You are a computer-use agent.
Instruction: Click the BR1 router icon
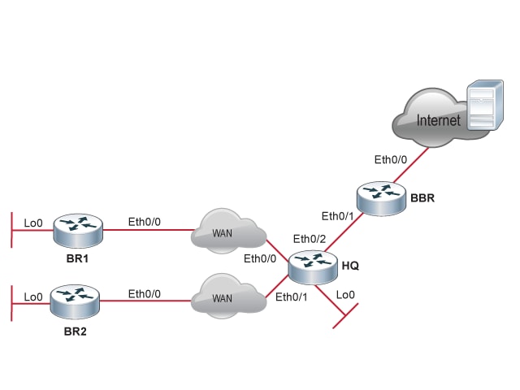pyautogui.click(x=79, y=230)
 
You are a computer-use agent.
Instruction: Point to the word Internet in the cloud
pyautogui.click(x=438, y=121)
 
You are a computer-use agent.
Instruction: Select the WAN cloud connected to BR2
pyautogui.click(x=228, y=298)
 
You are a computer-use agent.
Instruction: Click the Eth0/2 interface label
pyautogui.click(x=309, y=239)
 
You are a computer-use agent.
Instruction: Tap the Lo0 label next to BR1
pyautogui.click(x=33, y=223)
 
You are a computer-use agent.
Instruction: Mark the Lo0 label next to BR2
pyautogui.click(x=33, y=297)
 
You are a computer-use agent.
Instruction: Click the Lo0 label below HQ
pyautogui.click(x=345, y=294)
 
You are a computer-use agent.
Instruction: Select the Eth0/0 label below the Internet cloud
pyautogui.click(x=390, y=160)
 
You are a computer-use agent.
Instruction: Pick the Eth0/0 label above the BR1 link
pyautogui.click(x=144, y=221)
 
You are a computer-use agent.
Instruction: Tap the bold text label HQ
pyautogui.click(x=350, y=266)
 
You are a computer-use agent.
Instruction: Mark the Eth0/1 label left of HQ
pyautogui.click(x=292, y=297)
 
